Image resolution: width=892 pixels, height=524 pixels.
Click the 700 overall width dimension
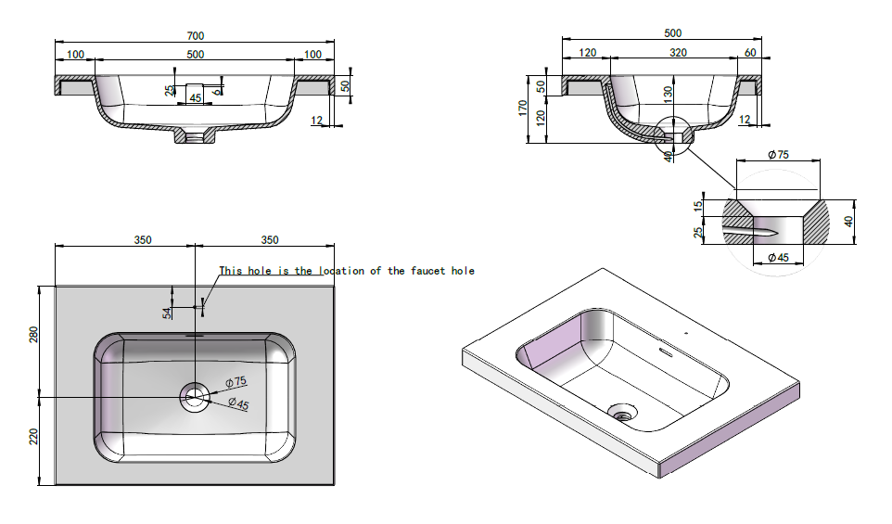[x=195, y=35]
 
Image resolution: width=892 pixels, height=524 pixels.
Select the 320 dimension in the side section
[x=678, y=53]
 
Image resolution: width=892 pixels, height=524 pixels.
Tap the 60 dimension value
[x=749, y=53]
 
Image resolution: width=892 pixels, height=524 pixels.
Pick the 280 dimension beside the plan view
[x=33, y=334]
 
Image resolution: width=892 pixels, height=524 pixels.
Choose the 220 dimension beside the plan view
[x=33, y=437]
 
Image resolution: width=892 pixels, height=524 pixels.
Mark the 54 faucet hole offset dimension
[x=167, y=313]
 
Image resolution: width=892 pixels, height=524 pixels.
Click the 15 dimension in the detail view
[x=698, y=206]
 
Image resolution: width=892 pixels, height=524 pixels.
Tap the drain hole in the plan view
[x=195, y=397]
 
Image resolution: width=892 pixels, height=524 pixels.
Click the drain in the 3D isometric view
[x=620, y=410]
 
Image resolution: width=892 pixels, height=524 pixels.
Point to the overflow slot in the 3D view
[x=664, y=351]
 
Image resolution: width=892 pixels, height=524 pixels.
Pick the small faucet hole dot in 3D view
[x=685, y=332]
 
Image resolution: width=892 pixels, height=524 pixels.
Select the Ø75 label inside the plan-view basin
[x=236, y=381]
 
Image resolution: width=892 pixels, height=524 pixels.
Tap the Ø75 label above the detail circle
[x=777, y=155]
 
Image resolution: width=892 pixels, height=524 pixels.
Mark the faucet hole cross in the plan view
[x=196, y=305]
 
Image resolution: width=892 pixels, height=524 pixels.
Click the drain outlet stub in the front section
[x=194, y=137]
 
